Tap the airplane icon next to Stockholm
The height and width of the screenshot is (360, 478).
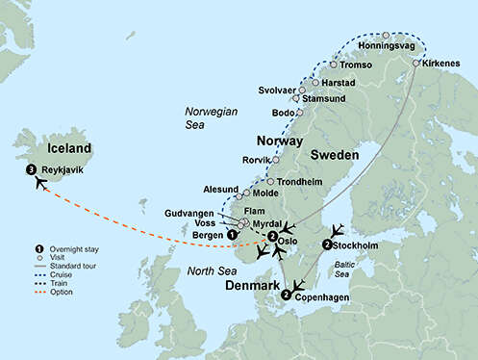tap(337, 232)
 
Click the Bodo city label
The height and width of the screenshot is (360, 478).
tap(285, 113)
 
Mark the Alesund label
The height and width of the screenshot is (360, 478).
tap(221, 191)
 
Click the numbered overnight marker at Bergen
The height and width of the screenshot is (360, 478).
tap(231, 234)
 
